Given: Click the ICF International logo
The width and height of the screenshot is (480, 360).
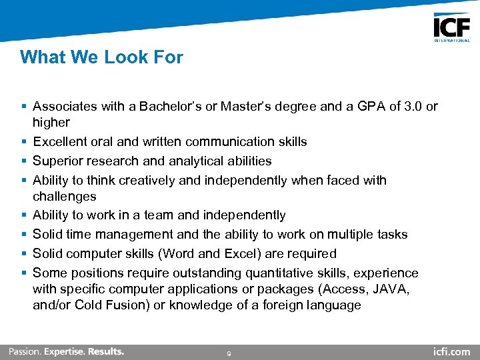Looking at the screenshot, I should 451,28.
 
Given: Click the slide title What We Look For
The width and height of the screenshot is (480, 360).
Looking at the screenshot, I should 101,57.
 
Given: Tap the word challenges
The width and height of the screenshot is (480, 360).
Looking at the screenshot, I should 64,197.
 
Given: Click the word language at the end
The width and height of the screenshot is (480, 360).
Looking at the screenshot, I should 333,305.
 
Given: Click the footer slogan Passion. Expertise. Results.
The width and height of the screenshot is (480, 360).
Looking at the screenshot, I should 66,351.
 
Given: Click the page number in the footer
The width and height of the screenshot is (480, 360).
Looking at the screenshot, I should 229,353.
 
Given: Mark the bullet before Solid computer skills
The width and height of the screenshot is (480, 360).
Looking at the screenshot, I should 24,254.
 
